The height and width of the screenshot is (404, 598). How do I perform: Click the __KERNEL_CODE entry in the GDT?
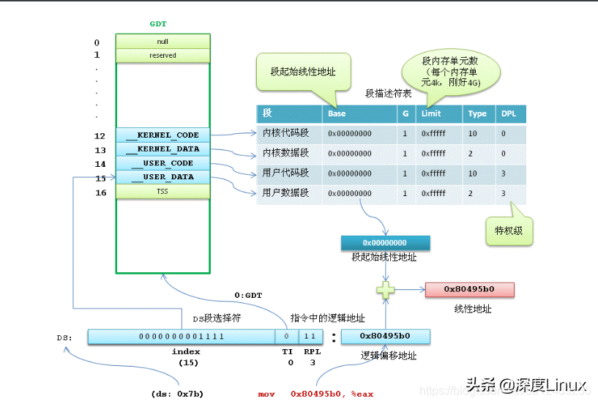click(x=162, y=135)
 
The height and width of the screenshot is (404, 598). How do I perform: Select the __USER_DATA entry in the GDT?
click(x=162, y=177)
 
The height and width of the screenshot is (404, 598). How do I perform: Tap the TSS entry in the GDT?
click(x=162, y=192)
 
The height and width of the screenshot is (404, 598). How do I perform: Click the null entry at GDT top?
click(x=162, y=42)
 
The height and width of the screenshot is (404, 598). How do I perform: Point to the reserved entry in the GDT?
click(x=162, y=56)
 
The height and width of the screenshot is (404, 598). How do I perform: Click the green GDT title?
click(x=158, y=23)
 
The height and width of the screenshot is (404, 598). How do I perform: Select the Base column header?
click(x=337, y=114)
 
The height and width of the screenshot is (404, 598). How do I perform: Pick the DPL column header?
click(x=508, y=114)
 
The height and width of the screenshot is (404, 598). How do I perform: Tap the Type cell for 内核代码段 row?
click(x=473, y=134)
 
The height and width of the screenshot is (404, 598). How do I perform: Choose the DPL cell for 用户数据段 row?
click(x=504, y=193)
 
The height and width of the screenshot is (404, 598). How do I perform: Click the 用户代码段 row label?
click(x=276, y=173)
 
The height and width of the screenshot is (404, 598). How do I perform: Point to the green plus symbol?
click(x=386, y=290)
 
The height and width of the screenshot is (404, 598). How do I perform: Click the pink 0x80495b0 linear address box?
click(x=469, y=289)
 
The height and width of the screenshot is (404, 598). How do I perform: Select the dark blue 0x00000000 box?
click(x=385, y=242)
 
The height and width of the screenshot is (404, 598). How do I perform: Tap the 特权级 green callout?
click(x=509, y=231)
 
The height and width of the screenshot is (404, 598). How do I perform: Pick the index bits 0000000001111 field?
click(x=182, y=337)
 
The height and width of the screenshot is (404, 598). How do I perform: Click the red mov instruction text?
click(x=315, y=394)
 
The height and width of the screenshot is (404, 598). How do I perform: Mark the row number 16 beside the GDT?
click(x=100, y=192)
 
